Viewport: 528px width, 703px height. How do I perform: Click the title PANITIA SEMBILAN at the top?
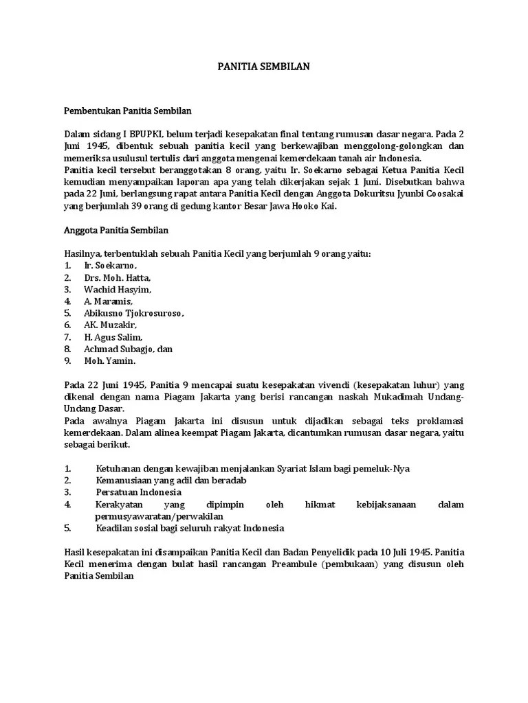coord(264,67)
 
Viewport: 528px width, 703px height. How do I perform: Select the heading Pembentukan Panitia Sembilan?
coord(126,110)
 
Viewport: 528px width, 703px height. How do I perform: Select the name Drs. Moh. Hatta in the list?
coord(117,277)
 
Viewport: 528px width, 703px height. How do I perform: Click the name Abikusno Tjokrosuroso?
coord(133,313)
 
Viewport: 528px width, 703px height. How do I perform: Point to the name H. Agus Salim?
coord(113,337)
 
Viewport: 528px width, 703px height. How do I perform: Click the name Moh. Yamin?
coord(110,360)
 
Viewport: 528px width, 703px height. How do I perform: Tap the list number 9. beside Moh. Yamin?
coord(67,360)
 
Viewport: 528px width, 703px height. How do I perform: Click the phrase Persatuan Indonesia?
coord(138,492)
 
